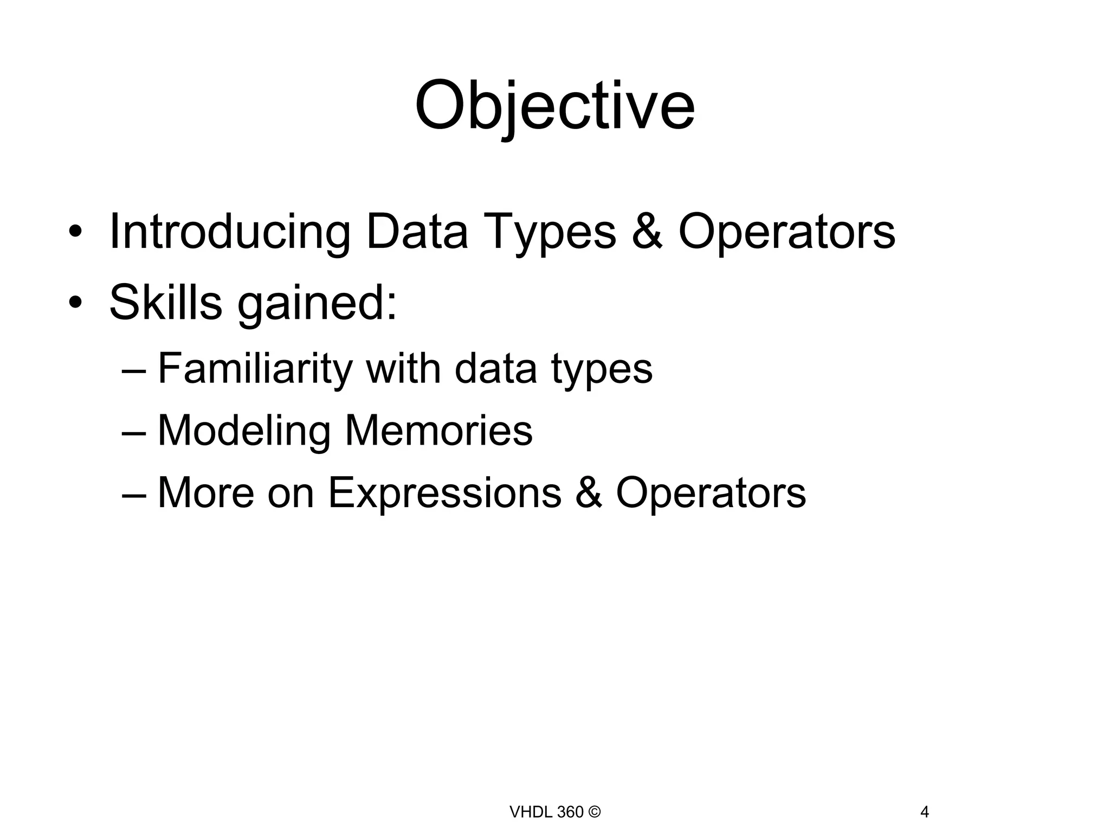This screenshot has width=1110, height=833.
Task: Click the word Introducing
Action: tap(230, 232)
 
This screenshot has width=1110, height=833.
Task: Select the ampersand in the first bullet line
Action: tap(647, 232)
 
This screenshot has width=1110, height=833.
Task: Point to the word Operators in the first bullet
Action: tap(786, 232)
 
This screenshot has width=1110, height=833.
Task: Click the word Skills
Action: tap(165, 302)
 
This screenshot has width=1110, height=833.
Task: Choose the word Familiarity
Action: tap(255, 369)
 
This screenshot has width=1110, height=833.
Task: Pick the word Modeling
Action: tap(244, 431)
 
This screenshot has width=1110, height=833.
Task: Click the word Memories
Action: tap(438, 431)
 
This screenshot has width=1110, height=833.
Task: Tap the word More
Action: tap(205, 492)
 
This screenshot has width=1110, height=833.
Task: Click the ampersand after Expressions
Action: tap(589, 492)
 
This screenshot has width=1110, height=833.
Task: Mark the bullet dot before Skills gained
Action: tap(75, 302)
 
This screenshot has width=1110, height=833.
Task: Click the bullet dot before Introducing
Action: tap(75, 232)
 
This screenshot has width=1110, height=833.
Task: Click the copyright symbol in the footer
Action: tap(594, 812)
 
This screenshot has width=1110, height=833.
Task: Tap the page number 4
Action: tap(925, 812)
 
